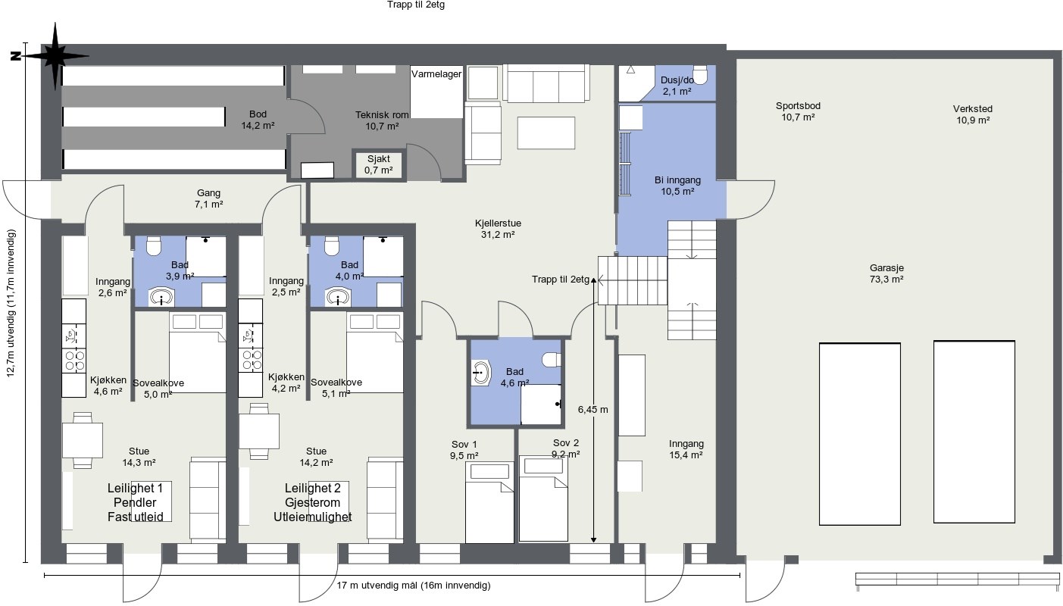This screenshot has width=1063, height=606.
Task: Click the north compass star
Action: pyautogui.click(x=55, y=56)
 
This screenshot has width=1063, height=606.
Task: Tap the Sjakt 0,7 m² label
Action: pyautogui.click(x=379, y=164)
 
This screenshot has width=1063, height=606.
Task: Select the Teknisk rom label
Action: pyautogui.click(x=382, y=115)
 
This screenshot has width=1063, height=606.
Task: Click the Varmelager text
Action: pyautogui.click(x=436, y=74)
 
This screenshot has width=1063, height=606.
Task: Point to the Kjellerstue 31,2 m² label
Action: pyautogui.click(x=498, y=229)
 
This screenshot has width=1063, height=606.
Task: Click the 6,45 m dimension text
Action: pyautogui.click(x=592, y=410)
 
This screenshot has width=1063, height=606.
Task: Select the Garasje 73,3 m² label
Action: pyautogui.click(x=886, y=273)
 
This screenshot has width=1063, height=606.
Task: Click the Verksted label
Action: pyautogui.click(x=973, y=108)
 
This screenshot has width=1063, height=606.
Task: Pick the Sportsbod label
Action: pyautogui.click(x=799, y=106)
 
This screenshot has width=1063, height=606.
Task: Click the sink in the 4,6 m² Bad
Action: pyautogui.click(x=480, y=373)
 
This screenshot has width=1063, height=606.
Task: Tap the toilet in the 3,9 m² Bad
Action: pyautogui.click(x=153, y=246)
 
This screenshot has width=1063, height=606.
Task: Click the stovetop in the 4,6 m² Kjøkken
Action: pyautogui.click(x=74, y=361)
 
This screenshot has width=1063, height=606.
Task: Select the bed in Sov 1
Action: pyautogui.click(x=489, y=502)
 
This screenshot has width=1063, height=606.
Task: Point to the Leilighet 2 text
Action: pyautogui.click(x=313, y=488)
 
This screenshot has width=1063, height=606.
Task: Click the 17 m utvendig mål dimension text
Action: pyautogui.click(x=413, y=585)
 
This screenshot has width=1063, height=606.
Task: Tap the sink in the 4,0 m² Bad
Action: pyautogui.click(x=339, y=298)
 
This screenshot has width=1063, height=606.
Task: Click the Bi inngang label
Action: pyautogui.click(x=677, y=180)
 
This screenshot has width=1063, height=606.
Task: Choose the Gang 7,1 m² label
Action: pyautogui.click(x=209, y=198)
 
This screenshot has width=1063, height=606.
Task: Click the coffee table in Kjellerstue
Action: pyautogui.click(x=546, y=133)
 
